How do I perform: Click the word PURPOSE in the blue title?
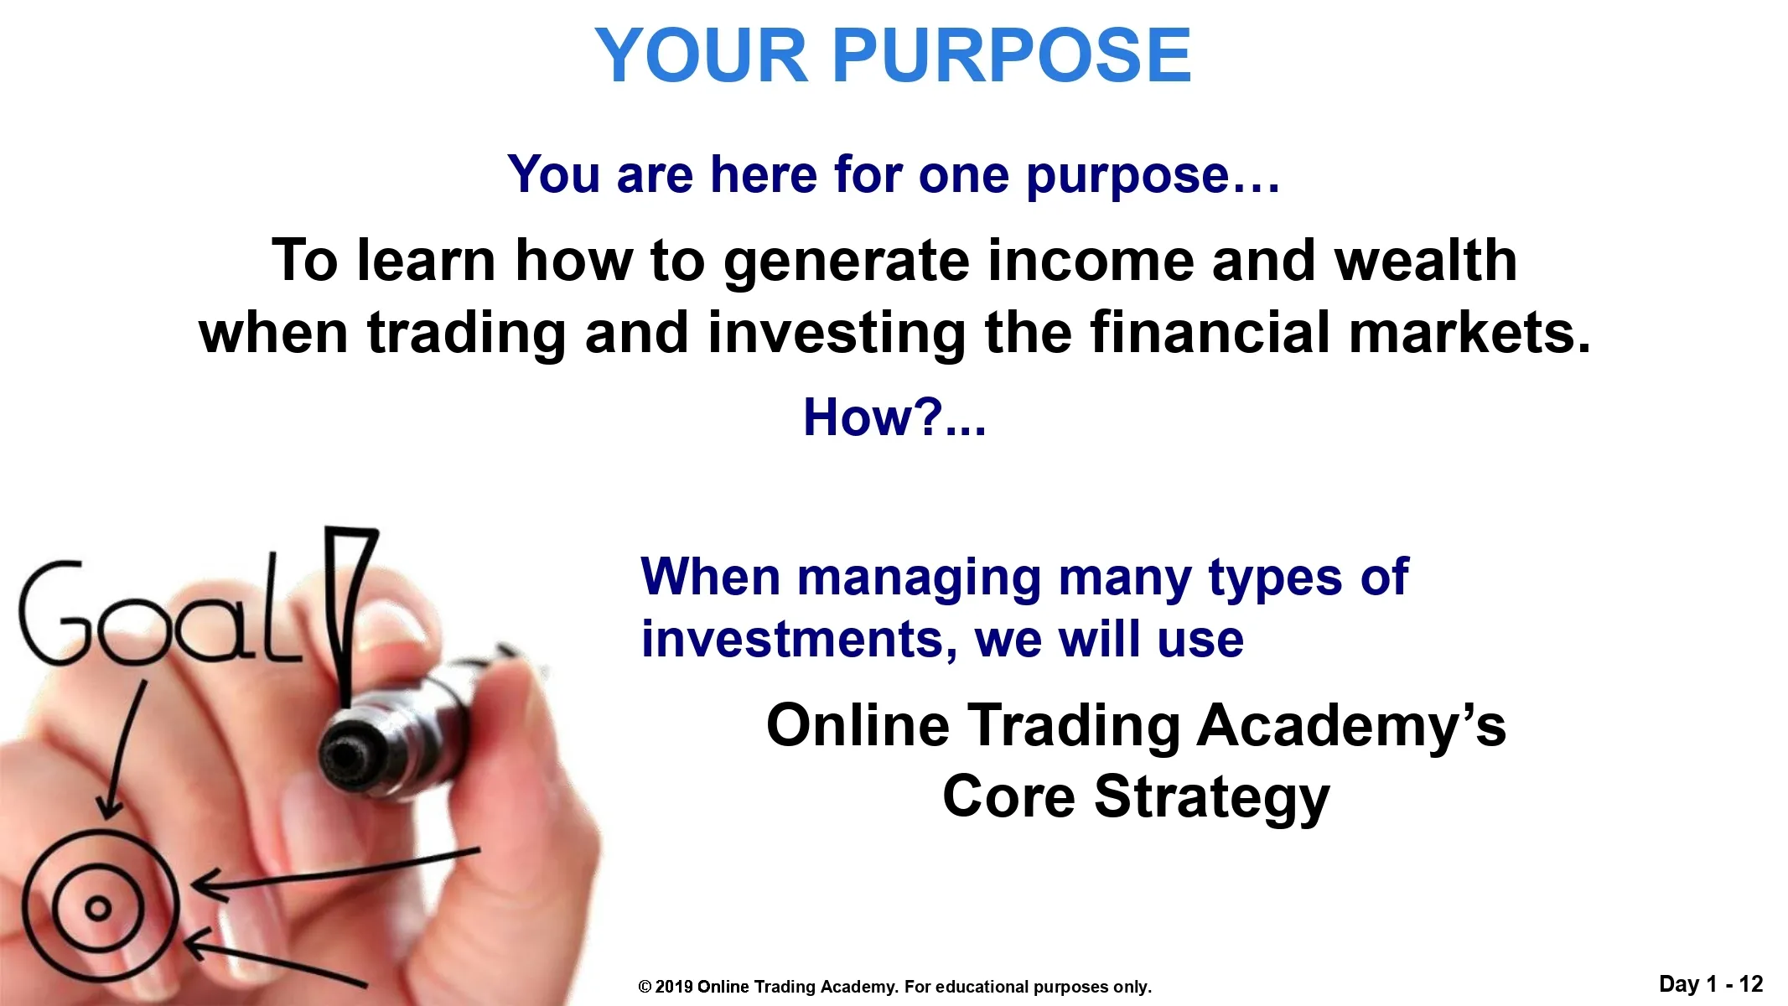click(x=1011, y=55)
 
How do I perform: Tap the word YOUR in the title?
click(x=701, y=55)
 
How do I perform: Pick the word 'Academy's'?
click(x=1351, y=728)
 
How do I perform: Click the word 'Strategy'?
click(x=1211, y=799)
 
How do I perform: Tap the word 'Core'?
click(x=1008, y=796)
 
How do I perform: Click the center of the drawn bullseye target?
click(x=99, y=908)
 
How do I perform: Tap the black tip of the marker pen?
click(x=344, y=754)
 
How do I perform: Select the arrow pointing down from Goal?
click(x=122, y=750)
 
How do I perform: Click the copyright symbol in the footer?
click(x=645, y=988)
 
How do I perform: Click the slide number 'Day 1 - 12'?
click(x=1711, y=984)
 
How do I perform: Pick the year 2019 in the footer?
click(x=674, y=988)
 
